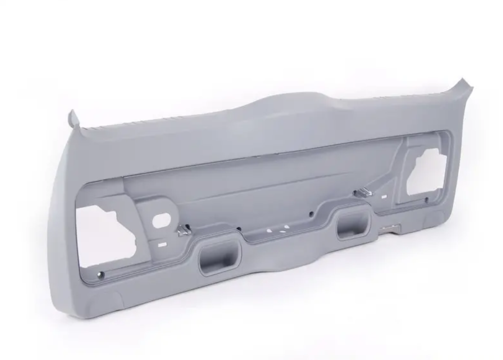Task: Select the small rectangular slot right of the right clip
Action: click(382, 196)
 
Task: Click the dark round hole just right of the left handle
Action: click(239, 229)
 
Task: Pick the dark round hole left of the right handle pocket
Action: click(312, 213)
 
